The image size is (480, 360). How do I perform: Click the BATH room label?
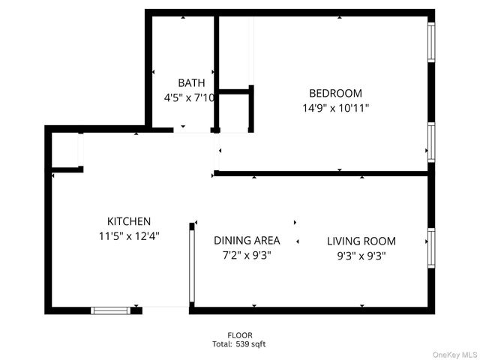coord(191,82)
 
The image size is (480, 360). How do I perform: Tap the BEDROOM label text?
coord(335,94)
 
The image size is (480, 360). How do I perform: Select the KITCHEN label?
coord(129,221)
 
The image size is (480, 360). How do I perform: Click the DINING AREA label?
coord(247,241)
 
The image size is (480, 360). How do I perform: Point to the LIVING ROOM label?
coord(361,241)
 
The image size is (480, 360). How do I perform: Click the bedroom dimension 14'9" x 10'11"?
coord(335,108)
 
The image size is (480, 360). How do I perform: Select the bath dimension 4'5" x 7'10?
coord(190,97)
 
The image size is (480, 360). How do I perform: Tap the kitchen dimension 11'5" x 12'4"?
coord(129,235)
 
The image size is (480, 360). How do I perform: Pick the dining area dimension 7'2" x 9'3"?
coord(247,255)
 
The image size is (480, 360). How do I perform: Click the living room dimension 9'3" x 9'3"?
coord(361,255)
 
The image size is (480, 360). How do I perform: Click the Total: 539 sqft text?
coord(238,344)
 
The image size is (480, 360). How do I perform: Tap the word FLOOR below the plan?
coord(240,335)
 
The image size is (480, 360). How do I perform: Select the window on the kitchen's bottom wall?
coord(110,310)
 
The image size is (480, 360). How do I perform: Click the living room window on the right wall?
coord(431,248)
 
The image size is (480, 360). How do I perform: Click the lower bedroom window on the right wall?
coord(431,140)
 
